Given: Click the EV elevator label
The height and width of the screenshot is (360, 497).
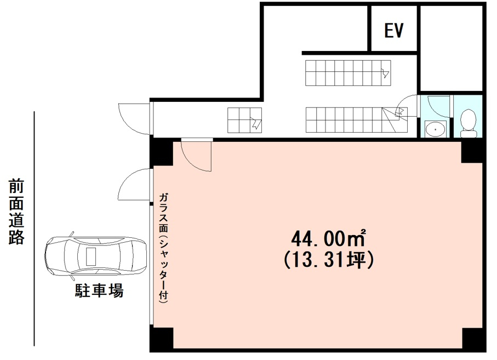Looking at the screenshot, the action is tap(394, 31).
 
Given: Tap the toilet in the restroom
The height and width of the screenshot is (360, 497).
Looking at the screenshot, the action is tap(468, 123).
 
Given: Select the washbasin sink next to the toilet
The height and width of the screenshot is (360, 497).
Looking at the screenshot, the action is tap(436, 129).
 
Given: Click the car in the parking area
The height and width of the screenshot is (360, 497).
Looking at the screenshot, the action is tap(95, 256).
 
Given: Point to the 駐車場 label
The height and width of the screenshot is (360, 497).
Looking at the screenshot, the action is tap(99, 290).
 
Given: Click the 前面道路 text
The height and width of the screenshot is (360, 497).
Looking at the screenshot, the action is tap(16, 212).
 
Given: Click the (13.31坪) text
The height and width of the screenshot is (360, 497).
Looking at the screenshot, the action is tap(329, 260).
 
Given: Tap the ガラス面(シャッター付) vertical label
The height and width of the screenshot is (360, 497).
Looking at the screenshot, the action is tap(163, 248).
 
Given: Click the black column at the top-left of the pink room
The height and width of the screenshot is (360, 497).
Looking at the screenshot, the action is tap(163, 153).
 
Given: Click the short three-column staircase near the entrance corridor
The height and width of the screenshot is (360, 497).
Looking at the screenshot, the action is tap(245, 120).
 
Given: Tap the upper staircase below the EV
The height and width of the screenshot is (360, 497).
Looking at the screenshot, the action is tap(348, 73).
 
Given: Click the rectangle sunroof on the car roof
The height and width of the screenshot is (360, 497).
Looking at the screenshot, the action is tap(91, 256).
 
